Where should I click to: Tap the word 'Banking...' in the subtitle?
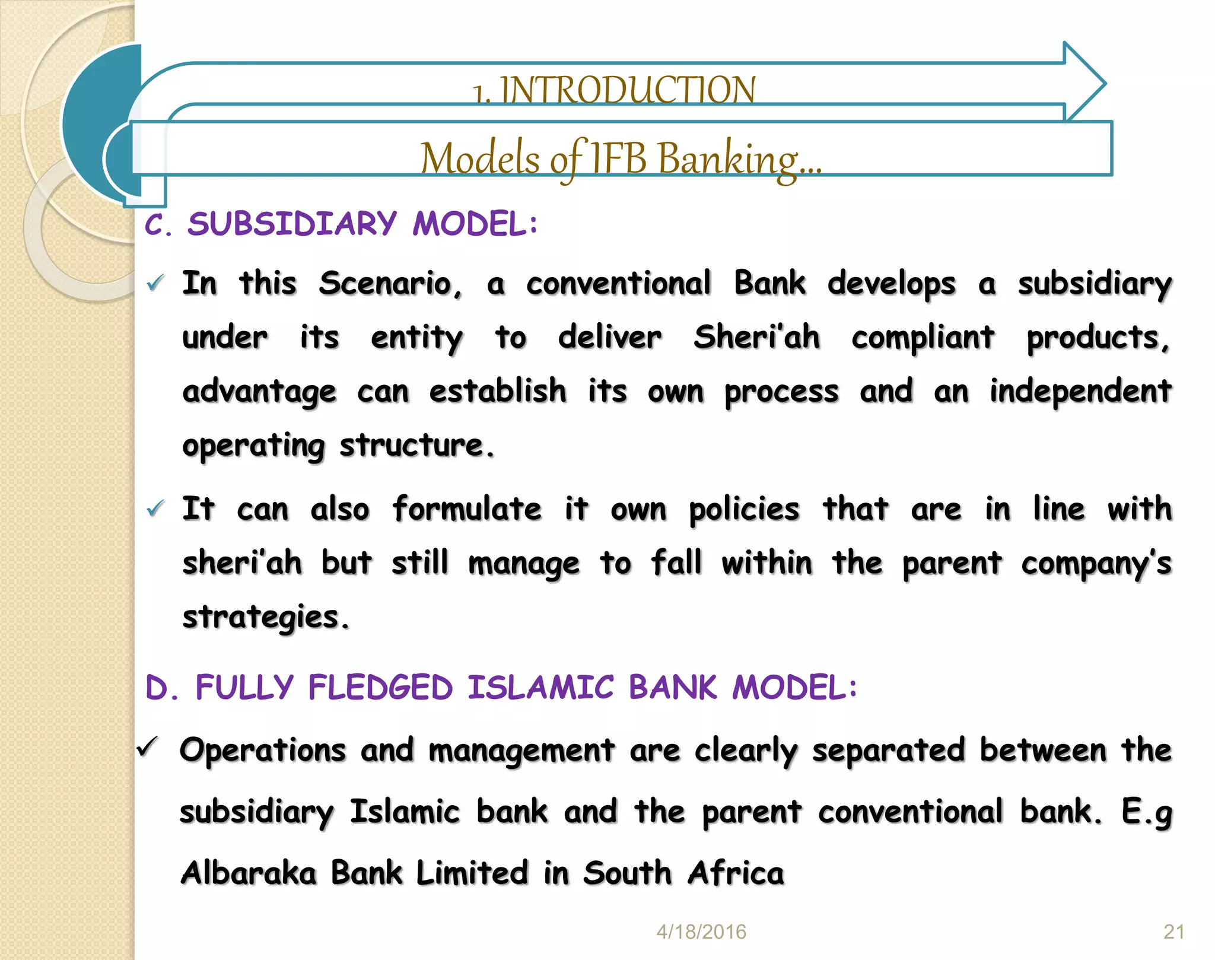pyautogui.click(x=740, y=159)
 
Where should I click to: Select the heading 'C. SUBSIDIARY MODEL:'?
pyautogui.click(x=342, y=224)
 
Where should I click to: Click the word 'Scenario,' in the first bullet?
pyautogui.click(x=390, y=284)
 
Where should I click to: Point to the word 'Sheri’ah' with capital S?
pyautogui.click(x=757, y=338)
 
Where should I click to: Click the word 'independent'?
pyautogui.click(x=1080, y=392)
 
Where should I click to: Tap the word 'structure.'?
pyautogui.click(x=416, y=446)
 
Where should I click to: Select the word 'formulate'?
pyautogui.click(x=467, y=509)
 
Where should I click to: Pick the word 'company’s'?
pyautogui.click(x=1096, y=564)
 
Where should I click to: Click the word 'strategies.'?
pyautogui.click(x=266, y=618)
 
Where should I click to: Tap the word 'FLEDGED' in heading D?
pyautogui.click(x=380, y=688)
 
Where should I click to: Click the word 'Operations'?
pyautogui.click(x=262, y=751)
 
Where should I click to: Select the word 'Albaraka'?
pyautogui.click(x=249, y=873)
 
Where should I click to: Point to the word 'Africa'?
pyautogui.click(x=736, y=873)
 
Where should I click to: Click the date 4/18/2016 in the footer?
pyautogui.click(x=701, y=932)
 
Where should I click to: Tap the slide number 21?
pyautogui.click(x=1174, y=932)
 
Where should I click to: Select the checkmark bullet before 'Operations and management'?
pyautogui.click(x=147, y=747)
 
